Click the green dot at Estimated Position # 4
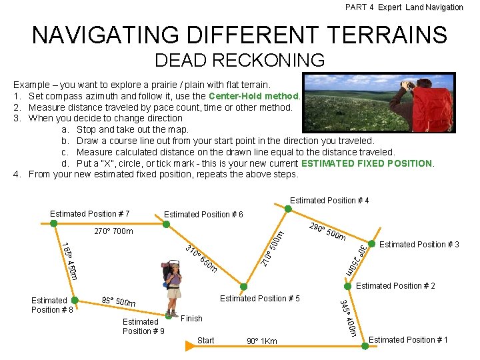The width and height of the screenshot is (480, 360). [288, 209]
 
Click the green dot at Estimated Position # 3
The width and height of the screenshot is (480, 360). [369, 243]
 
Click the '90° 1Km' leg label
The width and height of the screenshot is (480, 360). [261, 341]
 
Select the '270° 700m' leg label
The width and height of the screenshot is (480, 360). [113, 232]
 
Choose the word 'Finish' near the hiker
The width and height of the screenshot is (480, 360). [191, 319]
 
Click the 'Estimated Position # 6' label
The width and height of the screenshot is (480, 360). [203, 215]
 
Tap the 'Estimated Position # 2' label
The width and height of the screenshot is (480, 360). [395, 286]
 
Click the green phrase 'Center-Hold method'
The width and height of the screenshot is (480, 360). [255, 96]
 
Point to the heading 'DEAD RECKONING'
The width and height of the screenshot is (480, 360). [239, 61]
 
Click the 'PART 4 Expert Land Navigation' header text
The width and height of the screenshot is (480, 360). [403, 7]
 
